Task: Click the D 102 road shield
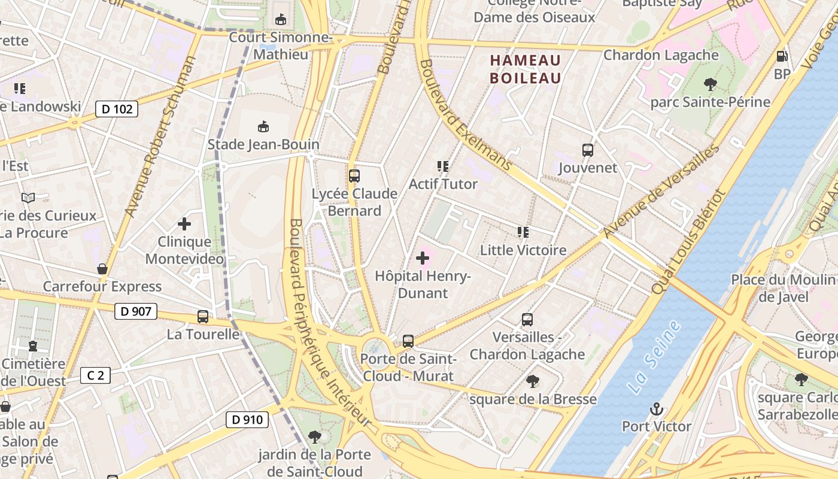coord(117,109)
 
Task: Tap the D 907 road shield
coord(135,311)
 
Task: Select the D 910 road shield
coord(247,420)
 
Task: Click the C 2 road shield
coord(95,375)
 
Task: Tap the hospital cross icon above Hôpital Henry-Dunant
coord(423,259)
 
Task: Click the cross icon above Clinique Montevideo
coord(184,224)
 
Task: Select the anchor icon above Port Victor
coord(657,410)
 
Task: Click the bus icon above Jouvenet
coord(587,150)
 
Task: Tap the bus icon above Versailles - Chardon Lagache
coord(527,320)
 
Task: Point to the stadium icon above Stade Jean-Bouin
coord(263,126)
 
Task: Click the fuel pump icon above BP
coord(781,56)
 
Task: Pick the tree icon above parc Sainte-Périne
coord(711,84)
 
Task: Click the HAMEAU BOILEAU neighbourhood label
coord(526,69)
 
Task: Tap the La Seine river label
coord(655,357)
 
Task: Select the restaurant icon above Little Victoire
coord(523,232)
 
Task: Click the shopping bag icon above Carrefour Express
coord(102,269)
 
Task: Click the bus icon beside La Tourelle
coord(203,317)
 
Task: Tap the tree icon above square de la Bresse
coord(532,381)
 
